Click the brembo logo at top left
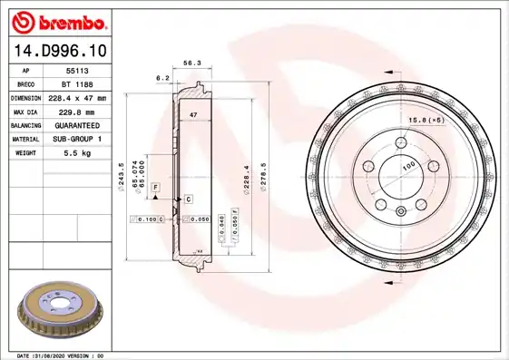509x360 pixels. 56,20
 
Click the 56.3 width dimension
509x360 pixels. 191,64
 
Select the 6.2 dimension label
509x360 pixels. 163,79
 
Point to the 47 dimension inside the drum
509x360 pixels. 193,116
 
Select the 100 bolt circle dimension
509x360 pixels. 409,166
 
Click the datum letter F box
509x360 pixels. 156,187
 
